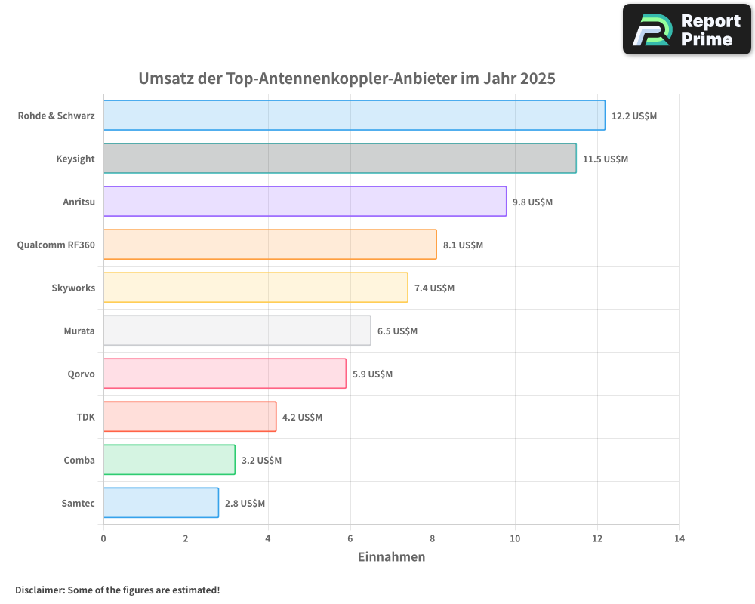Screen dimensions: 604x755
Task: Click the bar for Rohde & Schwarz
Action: (x=354, y=116)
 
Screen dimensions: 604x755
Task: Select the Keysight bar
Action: (x=340, y=159)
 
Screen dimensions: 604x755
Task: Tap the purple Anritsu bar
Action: (x=305, y=202)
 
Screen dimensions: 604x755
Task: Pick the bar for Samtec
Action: (x=161, y=503)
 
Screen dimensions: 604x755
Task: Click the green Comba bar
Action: (x=169, y=460)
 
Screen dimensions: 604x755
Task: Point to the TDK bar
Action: (x=190, y=417)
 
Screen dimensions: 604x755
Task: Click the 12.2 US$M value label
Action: (x=634, y=116)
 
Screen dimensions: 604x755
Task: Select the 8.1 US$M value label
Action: (x=463, y=245)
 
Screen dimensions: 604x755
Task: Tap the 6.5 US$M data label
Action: (x=397, y=331)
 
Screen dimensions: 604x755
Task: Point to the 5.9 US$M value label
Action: (x=372, y=374)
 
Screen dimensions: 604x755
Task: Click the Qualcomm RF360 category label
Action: (x=56, y=245)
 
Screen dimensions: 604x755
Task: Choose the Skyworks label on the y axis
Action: (x=73, y=288)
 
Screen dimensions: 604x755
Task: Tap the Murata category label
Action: (x=79, y=331)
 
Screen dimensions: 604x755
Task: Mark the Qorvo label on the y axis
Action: (x=81, y=374)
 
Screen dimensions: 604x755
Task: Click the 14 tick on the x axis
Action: (x=679, y=539)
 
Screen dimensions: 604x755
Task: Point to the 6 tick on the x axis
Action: (x=350, y=539)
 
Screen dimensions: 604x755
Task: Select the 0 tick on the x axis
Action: (x=103, y=539)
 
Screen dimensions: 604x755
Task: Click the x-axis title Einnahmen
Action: (x=391, y=557)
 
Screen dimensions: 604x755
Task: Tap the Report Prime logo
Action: (x=687, y=29)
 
